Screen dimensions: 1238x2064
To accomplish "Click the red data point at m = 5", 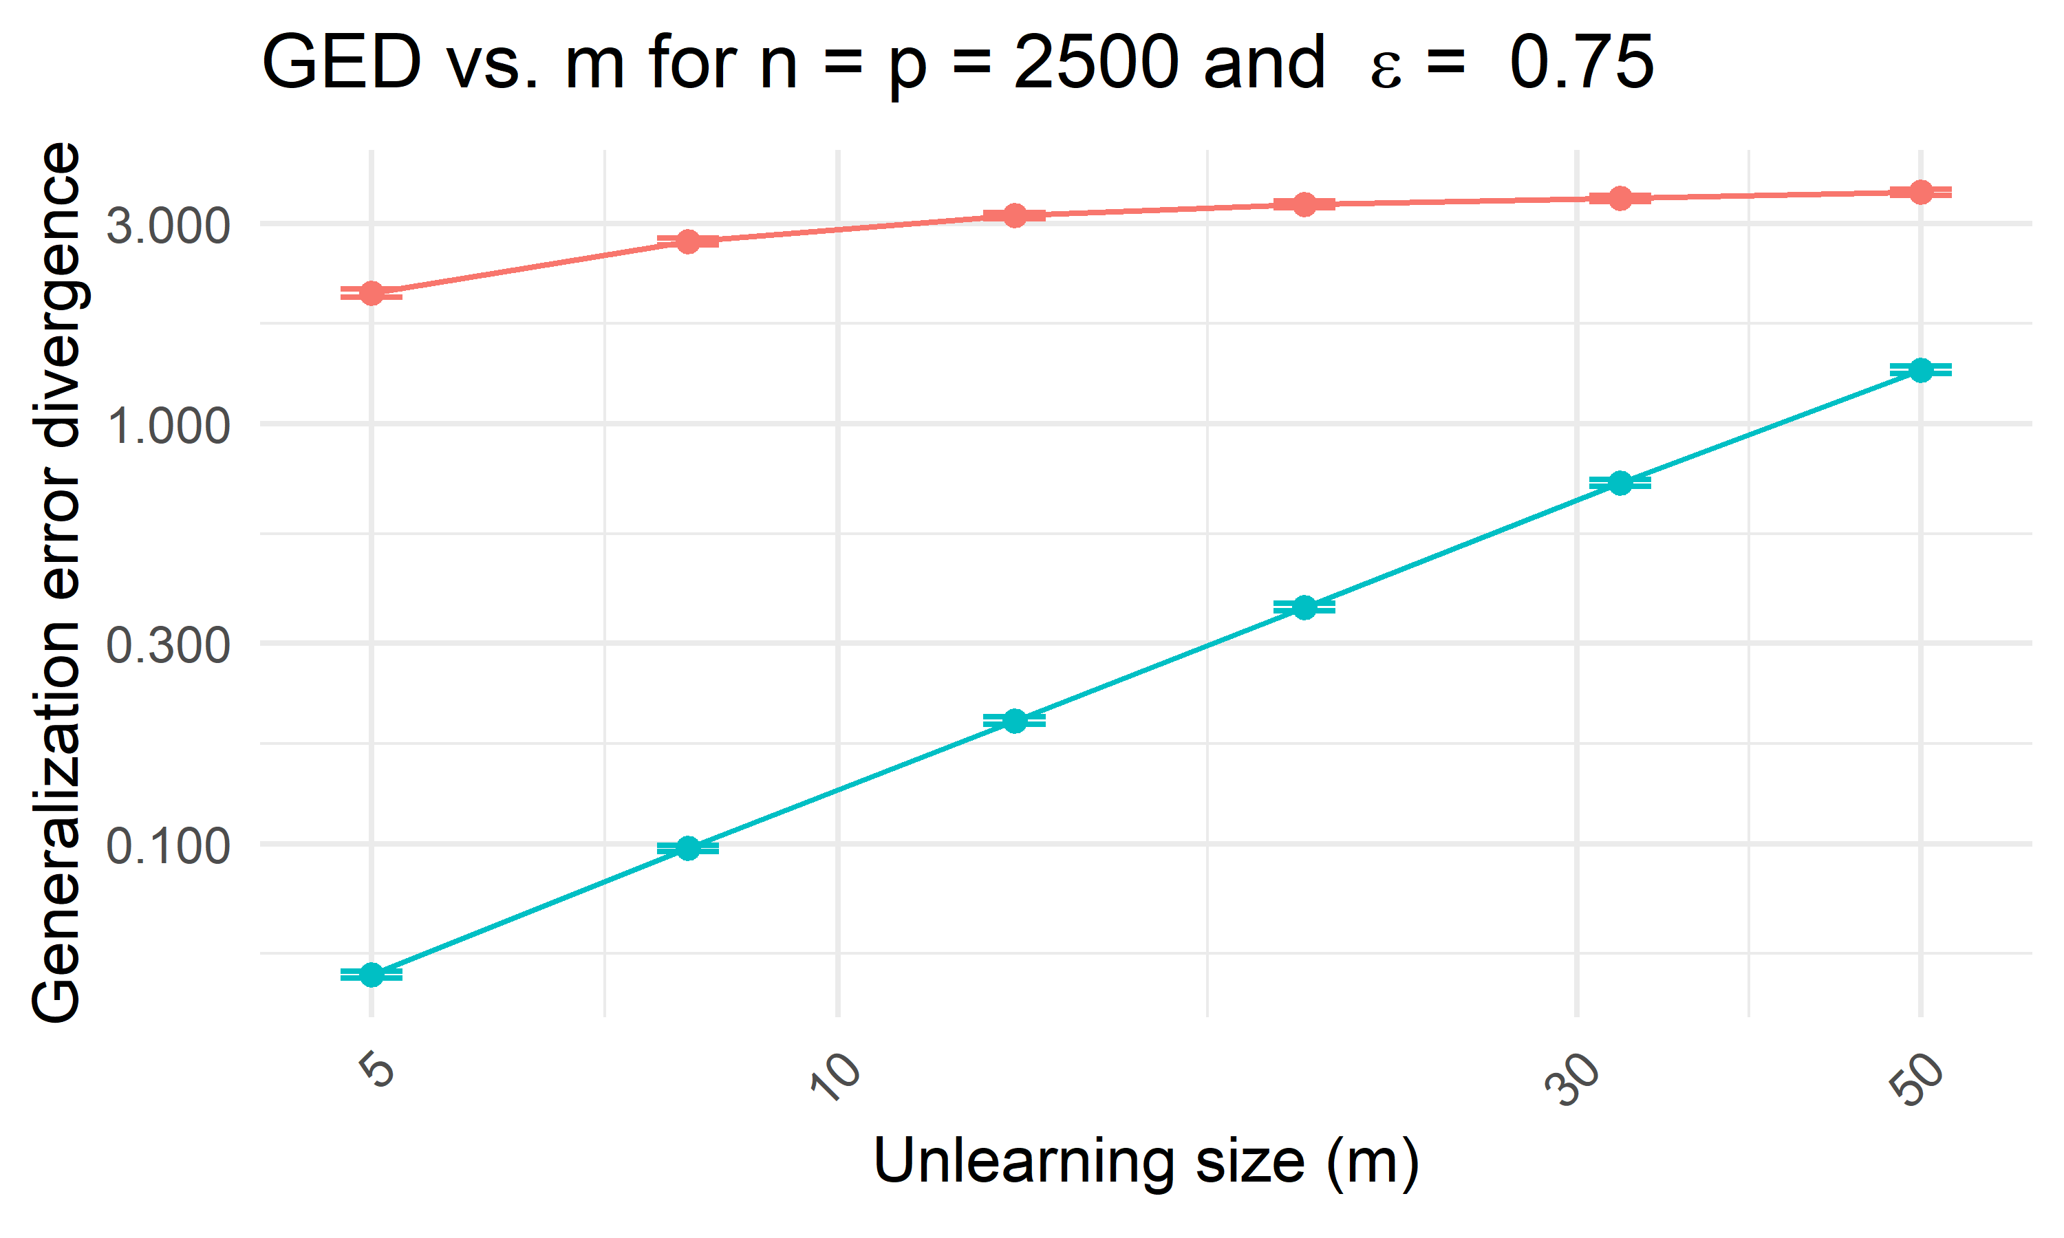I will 372,293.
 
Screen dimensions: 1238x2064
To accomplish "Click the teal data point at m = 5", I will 372,975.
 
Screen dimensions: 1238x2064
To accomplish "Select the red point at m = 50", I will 1920,192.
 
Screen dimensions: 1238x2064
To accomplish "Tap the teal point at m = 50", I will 1920,369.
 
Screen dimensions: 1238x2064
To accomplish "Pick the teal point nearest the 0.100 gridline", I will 687,849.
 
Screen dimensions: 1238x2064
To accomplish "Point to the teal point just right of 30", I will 1620,483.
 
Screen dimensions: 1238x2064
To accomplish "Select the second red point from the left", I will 687,242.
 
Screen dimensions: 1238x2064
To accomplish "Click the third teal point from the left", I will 1015,721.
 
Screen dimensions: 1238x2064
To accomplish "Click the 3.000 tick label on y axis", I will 168,225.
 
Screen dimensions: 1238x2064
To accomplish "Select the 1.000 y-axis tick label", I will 168,426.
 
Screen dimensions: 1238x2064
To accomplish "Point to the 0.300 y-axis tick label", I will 168,645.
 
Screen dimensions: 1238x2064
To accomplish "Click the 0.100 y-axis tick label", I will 168,846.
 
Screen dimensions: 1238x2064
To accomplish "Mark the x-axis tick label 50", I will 1917,1078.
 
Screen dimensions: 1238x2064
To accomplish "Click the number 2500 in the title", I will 1095,63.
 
